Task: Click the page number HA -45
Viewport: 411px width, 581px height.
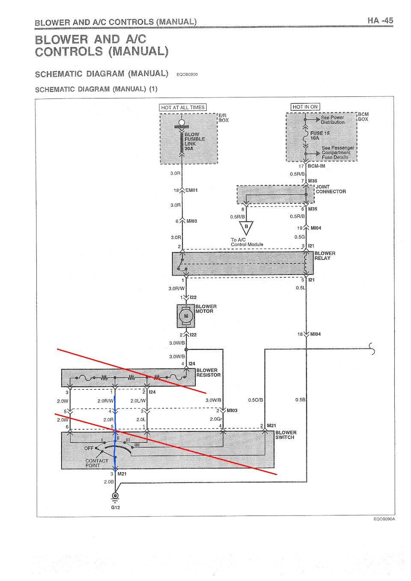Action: click(380, 21)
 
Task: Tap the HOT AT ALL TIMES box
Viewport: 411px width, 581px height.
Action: click(183, 107)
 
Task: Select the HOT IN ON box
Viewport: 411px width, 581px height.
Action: click(305, 107)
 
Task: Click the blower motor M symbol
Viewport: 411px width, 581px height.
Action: click(186, 316)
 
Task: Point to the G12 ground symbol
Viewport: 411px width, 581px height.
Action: click(116, 497)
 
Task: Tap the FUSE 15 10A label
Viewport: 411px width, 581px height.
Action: click(320, 135)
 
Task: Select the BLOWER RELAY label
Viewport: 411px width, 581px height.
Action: click(325, 256)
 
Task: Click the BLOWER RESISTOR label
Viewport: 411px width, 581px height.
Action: click(208, 373)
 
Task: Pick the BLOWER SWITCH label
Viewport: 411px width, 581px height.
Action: click(286, 435)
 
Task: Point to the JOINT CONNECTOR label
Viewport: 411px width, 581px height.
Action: click(331, 189)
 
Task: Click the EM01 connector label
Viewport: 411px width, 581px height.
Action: click(191, 190)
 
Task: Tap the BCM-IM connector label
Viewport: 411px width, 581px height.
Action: click(316, 166)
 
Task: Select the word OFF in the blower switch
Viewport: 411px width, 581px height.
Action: click(89, 448)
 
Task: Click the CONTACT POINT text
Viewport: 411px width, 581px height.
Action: click(96, 463)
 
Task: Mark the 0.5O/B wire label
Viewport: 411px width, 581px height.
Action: click(256, 400)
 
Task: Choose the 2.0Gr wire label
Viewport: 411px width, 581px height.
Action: click(216, 419)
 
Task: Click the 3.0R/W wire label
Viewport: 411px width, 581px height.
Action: click(176, 289)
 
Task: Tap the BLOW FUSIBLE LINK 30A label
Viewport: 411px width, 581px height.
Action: click(194, 141)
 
